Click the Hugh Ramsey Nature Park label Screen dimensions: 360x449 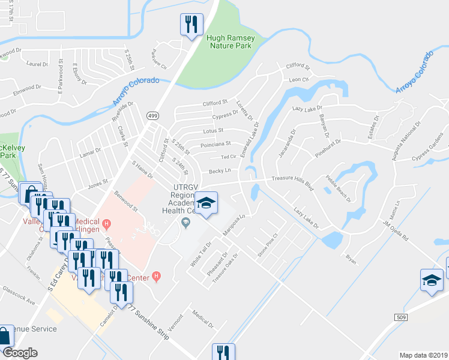(x=231, y=41)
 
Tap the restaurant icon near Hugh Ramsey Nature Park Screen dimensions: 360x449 (x=191, y=25)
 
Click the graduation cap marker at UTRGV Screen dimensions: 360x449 (x=206, y=204)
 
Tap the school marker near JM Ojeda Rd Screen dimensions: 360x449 (x=431, y=281)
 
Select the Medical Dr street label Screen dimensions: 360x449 (x=203, y=319)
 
